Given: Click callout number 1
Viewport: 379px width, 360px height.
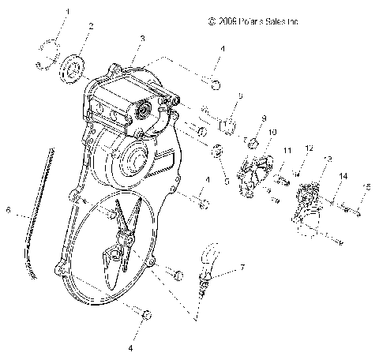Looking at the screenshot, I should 68,12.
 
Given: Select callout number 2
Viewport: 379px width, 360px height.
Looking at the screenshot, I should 92,27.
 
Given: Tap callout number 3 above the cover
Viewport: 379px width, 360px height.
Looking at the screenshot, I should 141,38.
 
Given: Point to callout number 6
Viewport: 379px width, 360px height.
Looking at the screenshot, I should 9,211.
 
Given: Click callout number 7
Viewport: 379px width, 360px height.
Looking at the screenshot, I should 242,268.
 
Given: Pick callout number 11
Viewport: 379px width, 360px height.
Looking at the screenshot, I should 287,150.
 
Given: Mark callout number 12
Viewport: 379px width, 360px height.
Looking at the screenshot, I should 309,148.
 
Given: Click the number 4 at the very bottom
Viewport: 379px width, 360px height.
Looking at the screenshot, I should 132,347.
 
